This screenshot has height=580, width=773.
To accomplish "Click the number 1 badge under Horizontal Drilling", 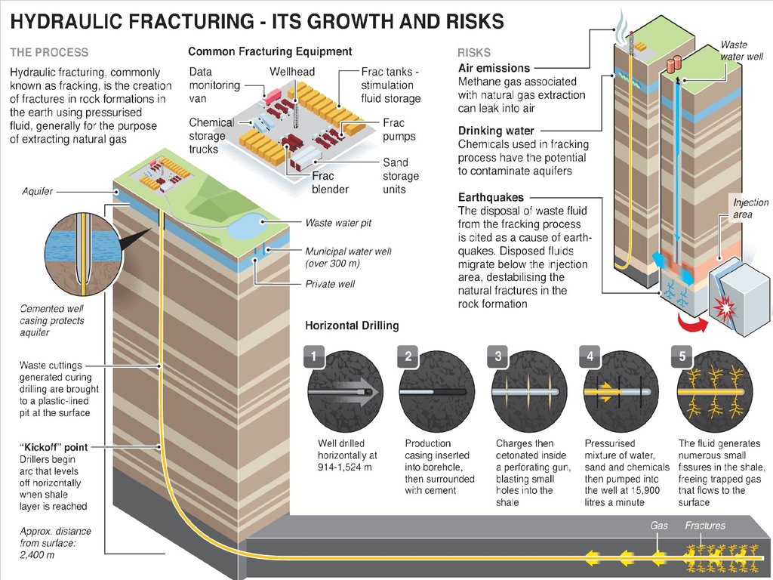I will pyautogui.click(x=315, y=356).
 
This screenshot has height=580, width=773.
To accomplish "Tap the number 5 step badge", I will pyautogui.click(x=682, y=356).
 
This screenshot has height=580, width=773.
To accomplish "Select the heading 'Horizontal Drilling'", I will pyautogui.click(x=352, y=325).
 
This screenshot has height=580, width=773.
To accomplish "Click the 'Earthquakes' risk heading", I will pyautogui.click(x=491, y=198).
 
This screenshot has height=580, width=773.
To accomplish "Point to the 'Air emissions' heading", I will pyautogui.click(x=494, y=68).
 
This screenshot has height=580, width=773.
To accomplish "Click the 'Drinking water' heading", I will pyautogui.click(x=496, y=131).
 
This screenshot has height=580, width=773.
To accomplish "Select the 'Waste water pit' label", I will pyautogui.click(x=338, y=224).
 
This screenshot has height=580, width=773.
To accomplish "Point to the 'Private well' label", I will pyautogui.click(x=330, y=284).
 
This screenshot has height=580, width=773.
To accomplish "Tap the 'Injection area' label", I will pyautogui.click(x=750, y=208).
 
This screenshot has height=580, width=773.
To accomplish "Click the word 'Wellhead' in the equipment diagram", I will pyautogui.click(x=292, y=72).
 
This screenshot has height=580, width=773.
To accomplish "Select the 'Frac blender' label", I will pyautogui.click(x=330, y=183).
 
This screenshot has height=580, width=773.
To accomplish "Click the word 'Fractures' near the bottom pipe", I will pyautogui.click(x=705, y=526).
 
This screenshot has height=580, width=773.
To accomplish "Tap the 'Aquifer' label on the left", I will pyautogui.click(x=37, y=191).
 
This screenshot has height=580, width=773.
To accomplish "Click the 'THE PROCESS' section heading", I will pyautogui.click(x=49, y=53).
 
